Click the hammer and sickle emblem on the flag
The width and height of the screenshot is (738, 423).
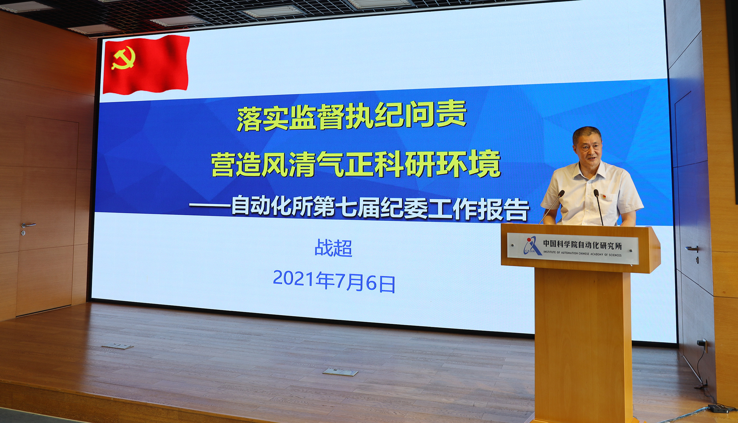pyautogui.click(x=123, y=58)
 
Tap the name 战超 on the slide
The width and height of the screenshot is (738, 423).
pyautogui.click(x=334, y=248)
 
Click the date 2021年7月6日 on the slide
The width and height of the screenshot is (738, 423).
pyautogui.click(x=334, y=281)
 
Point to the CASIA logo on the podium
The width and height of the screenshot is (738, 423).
pyautogui.click(x=532, y=246)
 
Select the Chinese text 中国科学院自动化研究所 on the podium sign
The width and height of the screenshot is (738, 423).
pyautogui.click(x=582, y=245)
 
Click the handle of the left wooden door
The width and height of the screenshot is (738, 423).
pyautogui.click(x=28, y=225)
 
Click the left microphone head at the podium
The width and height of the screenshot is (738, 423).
pyautogui.click(x=561, y=193)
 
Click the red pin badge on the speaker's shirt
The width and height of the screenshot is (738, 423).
pyautogui.click(x=604, y=197)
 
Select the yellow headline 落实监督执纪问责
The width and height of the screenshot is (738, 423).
pyautogui.click(x=352, y=116)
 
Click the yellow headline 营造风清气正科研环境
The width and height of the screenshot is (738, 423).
pyautogui.click(x=356, y=163)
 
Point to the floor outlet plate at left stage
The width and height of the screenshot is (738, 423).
pyautogui.click(x=118, y=346)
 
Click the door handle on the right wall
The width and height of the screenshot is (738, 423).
pyautogui.click(x=692, y=249)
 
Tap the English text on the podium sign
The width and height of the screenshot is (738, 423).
pyautogui.click(x=582, y=254)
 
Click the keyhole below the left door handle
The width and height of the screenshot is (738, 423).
pyautogui.click(x=23, y=233)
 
